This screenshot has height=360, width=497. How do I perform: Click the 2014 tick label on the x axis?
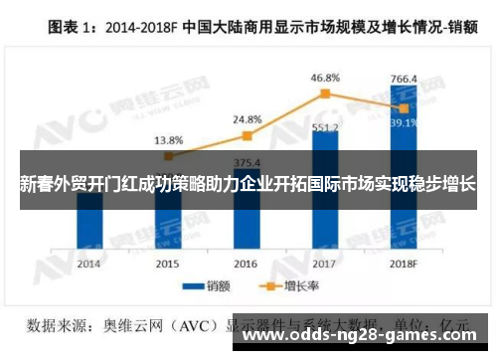(x=88, y=264)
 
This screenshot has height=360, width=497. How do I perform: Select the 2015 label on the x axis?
(x=167, y=264)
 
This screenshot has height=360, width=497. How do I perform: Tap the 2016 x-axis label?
(x=246, y=264)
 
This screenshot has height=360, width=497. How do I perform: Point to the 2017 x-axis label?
(x=324, y=264)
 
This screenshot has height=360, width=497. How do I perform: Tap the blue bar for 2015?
(x=167, y=224)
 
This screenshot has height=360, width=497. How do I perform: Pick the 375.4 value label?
(x=247, y=163)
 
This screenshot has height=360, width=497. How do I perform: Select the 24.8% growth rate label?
(x=248, y=119)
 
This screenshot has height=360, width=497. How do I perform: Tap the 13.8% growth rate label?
(x=168, y=139)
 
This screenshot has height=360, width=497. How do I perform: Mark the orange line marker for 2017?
(x=324, y=93)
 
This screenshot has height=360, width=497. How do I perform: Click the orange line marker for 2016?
(x=247, y=135)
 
